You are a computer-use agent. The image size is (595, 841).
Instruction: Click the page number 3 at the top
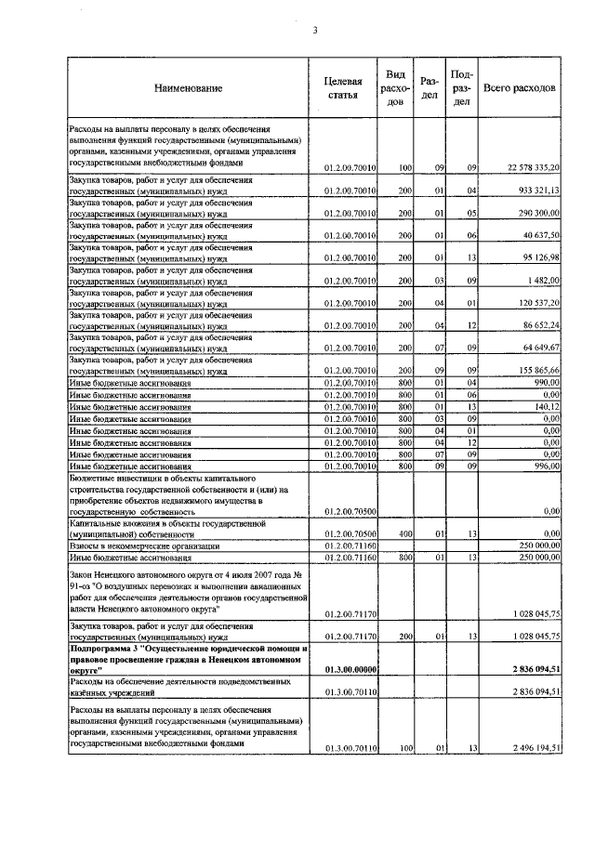point(315,30)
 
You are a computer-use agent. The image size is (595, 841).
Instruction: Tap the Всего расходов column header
point(520,87)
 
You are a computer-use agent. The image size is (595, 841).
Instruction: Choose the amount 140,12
point(549,406)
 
